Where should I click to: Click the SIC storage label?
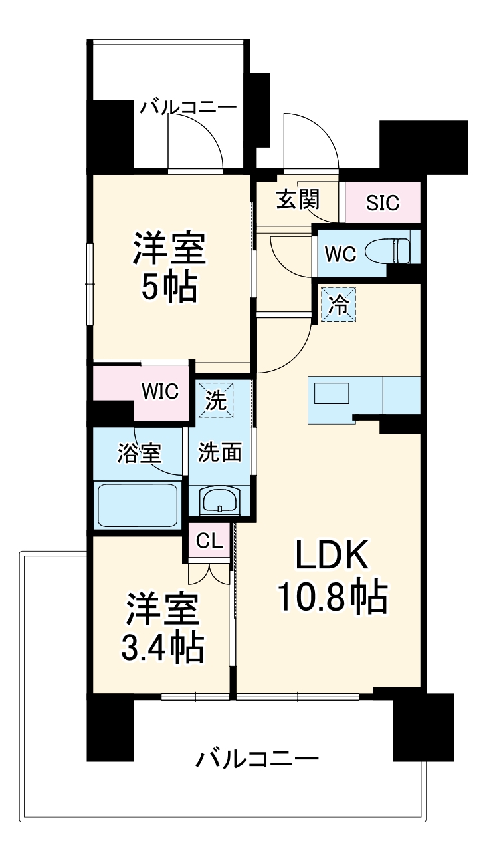click(x=383, y=202)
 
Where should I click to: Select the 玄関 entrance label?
click(x=298, y=200)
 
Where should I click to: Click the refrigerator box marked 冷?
click(x=339, y=305)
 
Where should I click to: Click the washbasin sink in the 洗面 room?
click(x=220, y=500)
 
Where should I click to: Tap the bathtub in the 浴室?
click(x=138, y=504)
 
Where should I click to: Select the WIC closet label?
click(x=159, y=392)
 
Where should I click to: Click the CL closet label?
click(x=209, y=541)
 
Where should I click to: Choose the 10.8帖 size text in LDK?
click(x=332, y=599)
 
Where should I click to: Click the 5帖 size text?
click(x=168, y=287)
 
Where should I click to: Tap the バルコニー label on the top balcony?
click(x=188, y=107)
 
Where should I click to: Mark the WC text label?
click(x=340, y=254)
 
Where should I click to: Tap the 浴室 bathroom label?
click(x=139, y=454)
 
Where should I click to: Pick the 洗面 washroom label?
click(x=219, y=453)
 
